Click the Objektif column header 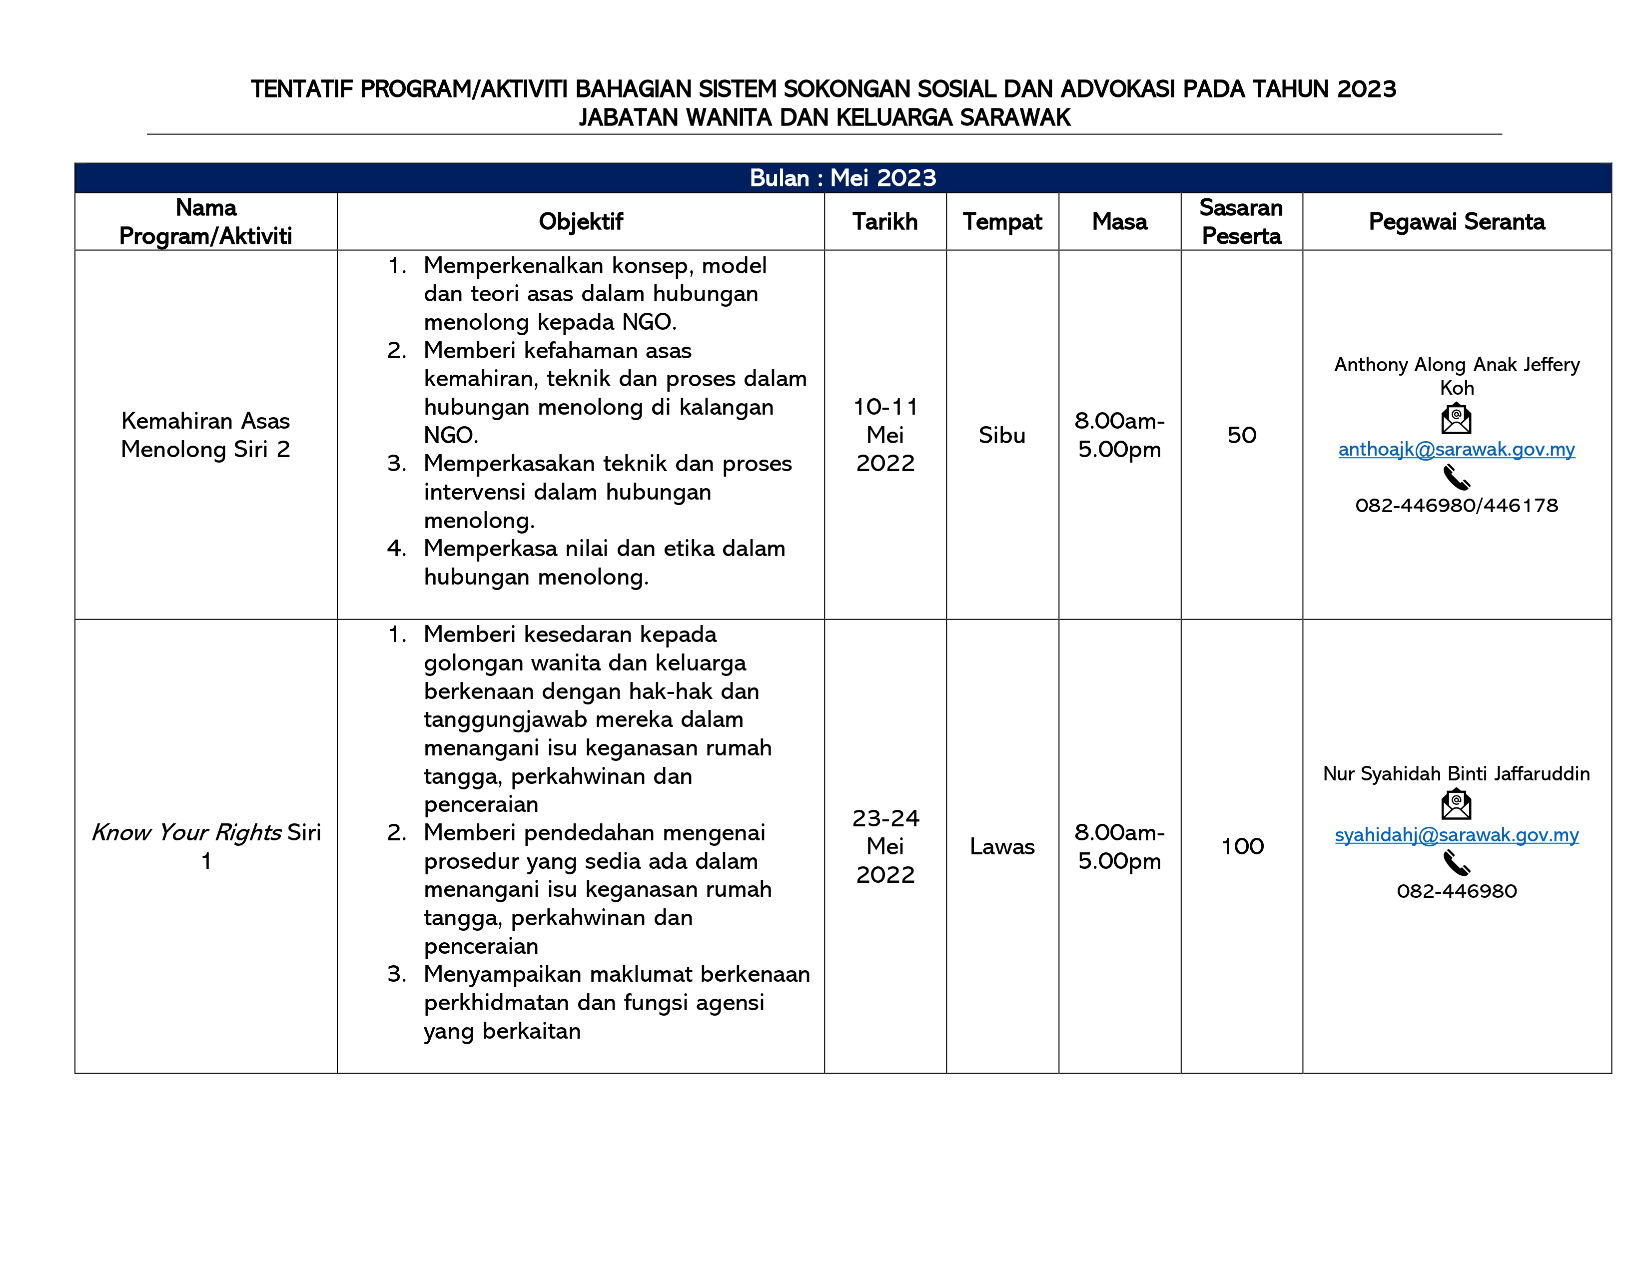(581, 222)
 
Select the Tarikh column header (885, 222)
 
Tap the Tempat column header (1002, 222)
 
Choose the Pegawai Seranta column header (1457, 222)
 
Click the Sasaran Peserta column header (1241, 222)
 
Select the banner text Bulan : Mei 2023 (842, 178)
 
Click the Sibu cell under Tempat (1002, 436)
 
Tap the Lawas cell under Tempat (1002, 847)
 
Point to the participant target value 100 (1242, 847)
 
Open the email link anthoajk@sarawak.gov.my (1457, 450)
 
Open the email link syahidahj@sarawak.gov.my (1457, 835)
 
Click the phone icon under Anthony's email (1457, 478)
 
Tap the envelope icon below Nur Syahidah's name (1457, 804)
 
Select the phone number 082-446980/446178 (1457, 506)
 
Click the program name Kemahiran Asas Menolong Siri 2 (205, 436)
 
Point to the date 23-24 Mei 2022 (885, 847)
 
